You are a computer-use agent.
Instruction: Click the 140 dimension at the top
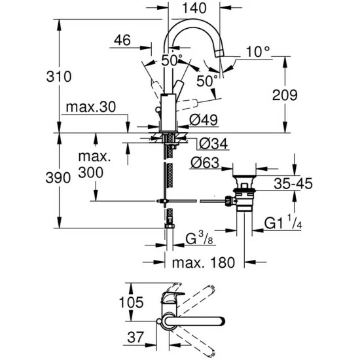(194, 9)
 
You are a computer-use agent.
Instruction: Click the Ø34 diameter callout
(210, 143)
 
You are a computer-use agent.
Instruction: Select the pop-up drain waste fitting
(245, 193)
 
